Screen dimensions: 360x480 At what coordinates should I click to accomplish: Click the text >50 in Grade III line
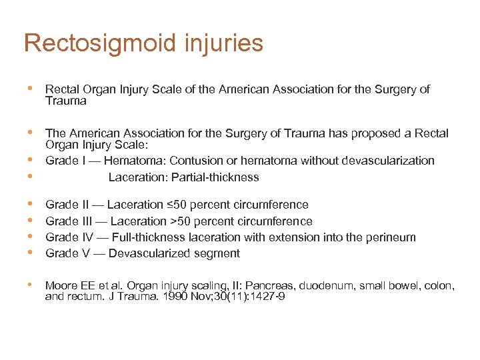[175, 221]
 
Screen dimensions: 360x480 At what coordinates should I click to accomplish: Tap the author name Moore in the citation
[61, 286]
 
